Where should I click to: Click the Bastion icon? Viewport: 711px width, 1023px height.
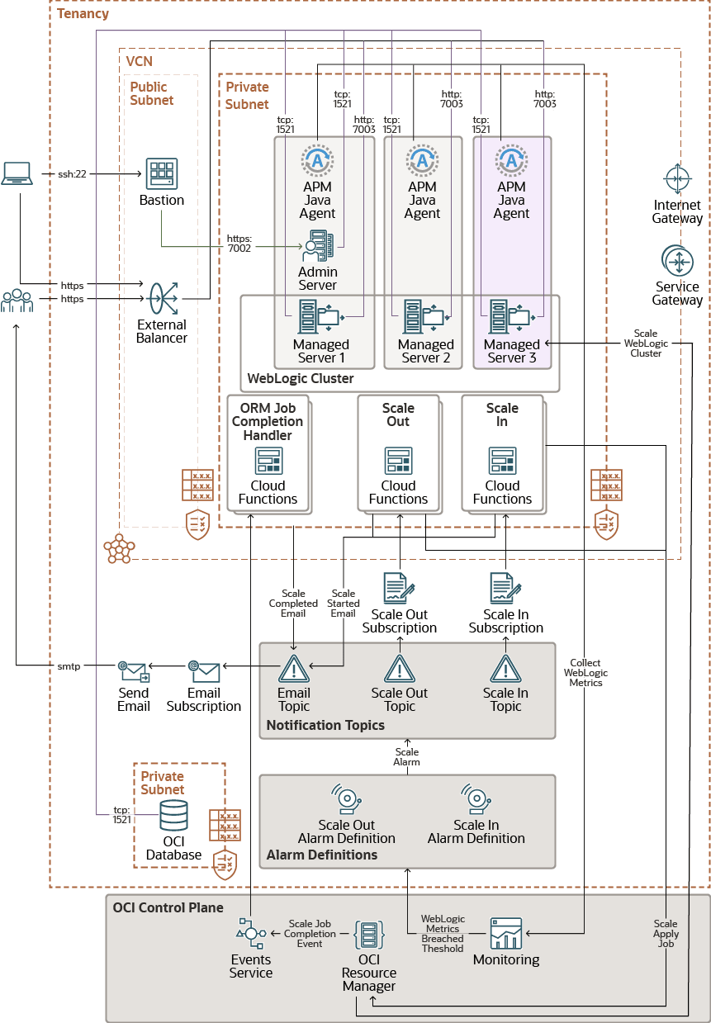coord(161,174)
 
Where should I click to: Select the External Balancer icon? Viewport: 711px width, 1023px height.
coord(161,299)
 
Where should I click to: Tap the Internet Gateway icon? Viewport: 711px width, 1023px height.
coord(677,179)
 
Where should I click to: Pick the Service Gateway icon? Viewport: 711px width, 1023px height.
coord(677,262)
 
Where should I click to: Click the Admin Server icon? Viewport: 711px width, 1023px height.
coord(318,245)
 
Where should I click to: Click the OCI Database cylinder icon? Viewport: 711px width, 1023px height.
coord(173,815)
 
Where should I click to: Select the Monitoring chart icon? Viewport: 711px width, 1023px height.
coord(506,933)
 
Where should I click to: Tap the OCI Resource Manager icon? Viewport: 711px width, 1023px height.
coord(369,935)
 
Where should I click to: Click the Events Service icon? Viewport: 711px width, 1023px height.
coord(250,933)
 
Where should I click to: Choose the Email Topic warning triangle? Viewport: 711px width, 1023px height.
coord(294,669)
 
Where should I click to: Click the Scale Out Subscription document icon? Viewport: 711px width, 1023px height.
coord(399,588)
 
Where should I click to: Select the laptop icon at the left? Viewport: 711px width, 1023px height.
coord(17,173)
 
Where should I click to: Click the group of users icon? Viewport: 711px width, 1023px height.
coord(17,301)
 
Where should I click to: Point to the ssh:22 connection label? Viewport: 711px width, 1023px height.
coord(73,174)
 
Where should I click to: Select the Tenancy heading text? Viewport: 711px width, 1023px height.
coord(83,14)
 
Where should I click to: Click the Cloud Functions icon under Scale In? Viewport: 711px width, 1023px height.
coord(502,461)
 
